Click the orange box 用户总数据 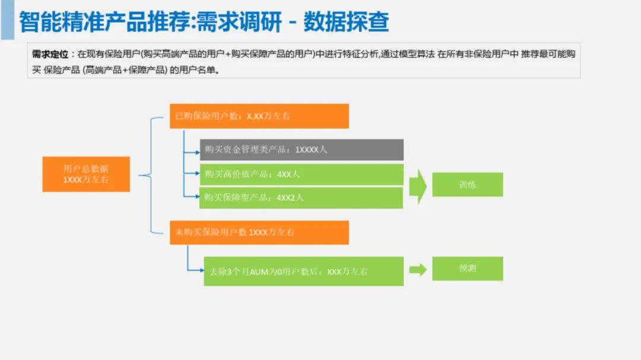tap(86, 174)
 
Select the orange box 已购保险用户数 tap(259, 116)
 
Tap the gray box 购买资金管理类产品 tap(302, 150)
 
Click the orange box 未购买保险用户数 tap(259, 232)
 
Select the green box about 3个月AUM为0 tap(303, 271)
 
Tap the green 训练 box tap(467, 184)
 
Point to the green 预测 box tap(467, 268)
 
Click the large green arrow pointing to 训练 tap(418, 186)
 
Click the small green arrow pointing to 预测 tap(418, 270)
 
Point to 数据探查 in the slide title tap(346, 22)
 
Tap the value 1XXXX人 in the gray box tap(311, 150)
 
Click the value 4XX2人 tap(290, 197)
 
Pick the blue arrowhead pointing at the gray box tap(197, 152)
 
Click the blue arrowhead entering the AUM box tap(201, 271)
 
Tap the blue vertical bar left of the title tap(7, 20)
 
